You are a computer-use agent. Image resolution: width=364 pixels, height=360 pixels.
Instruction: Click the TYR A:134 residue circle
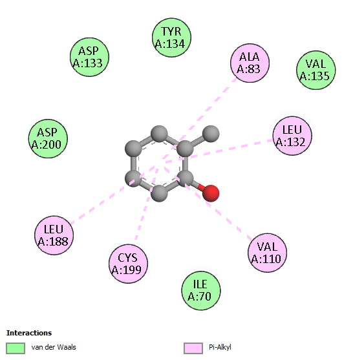171,37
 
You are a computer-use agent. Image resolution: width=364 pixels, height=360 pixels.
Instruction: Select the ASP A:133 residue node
89,57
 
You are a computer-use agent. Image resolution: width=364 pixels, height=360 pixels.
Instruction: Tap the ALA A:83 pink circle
250,63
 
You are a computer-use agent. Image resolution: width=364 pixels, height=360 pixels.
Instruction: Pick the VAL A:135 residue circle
316,70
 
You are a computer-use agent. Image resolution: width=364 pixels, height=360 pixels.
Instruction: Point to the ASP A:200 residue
48,138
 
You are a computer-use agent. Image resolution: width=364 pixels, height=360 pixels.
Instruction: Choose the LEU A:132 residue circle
292,136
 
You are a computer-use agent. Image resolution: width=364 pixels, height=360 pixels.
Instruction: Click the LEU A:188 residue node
54,235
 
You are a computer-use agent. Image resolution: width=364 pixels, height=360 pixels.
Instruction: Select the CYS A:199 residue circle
128,264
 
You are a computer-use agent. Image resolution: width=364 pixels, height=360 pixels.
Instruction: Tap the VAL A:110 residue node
267,253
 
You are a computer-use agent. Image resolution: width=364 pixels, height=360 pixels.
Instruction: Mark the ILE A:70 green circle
201,290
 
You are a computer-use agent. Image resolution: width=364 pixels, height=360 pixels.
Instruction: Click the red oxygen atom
211,193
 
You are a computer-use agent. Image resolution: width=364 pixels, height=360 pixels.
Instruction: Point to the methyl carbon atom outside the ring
211,134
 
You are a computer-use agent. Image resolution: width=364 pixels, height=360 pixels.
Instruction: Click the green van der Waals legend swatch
16,348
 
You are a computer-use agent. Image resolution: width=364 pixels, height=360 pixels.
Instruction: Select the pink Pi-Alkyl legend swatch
193,348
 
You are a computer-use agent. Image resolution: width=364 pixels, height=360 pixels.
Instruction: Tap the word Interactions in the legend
29,333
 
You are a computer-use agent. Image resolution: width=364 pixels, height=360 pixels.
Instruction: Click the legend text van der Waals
54,347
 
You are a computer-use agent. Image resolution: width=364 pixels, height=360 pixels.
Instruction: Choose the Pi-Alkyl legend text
220,347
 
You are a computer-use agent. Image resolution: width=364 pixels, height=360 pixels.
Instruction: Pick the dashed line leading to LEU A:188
114,194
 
